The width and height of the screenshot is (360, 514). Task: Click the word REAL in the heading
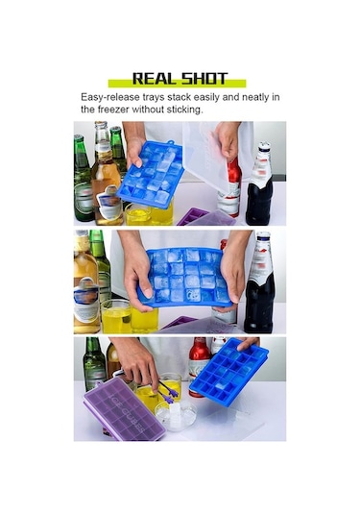pyautogui.click(x=154, y=79)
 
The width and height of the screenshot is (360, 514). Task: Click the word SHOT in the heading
pyautogui.click(x=204, y=79)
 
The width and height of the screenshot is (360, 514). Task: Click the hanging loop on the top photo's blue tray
pyautogui.click(x=170, y=142)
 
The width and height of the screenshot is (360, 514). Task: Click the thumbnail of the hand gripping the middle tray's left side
pyautogui.click(x=149, y=293)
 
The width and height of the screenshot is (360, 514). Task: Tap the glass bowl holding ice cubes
pyautogui.click(x=176, y=415)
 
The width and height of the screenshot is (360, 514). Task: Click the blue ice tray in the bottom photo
pyautogui.click(x=229, y=371)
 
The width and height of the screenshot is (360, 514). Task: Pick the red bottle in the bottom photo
pyautogui.click(x=199, y=365)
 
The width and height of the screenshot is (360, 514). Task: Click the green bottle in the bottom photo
pyautogui.click(x=94, y=363)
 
